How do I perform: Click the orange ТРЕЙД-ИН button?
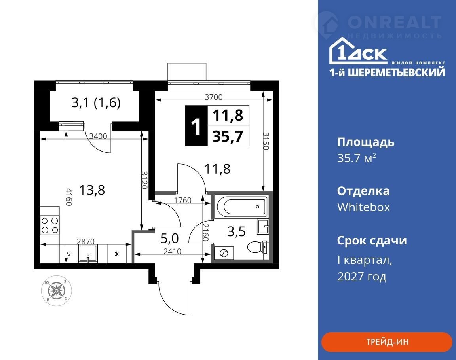point(387,342)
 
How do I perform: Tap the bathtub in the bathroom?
point(242,207)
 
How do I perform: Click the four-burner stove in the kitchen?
point(50,225)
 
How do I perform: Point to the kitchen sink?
point(88,254)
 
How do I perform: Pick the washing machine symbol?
point(224,253)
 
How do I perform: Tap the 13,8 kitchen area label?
point(92,190)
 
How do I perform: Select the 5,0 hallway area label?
point(169,239)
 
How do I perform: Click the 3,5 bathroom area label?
point(236,231)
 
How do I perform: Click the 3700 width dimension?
point(213,97)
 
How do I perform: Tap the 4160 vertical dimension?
point(69,197)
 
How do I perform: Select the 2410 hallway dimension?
point(172,251)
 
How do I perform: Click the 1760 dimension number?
point(182,200)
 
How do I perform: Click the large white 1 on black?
point(196,126)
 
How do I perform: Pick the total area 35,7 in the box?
point(228,136)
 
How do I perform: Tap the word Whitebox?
point(363,207)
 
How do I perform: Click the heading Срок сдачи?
point(372,240)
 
